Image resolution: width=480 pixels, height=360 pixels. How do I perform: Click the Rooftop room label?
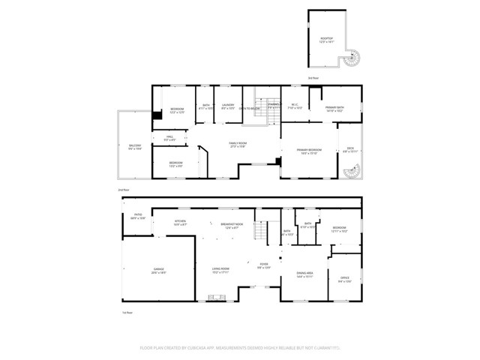tap(325, 39)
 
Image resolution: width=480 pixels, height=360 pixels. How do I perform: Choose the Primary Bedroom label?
tap(310, 151)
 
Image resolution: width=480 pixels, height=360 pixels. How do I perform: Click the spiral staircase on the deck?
tap(350, 173)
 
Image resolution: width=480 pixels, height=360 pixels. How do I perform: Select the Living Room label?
tap(220, 270)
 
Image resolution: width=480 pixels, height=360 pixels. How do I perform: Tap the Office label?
tap(344, 280)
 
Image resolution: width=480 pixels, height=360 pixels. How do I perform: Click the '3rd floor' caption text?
tap(313, 78)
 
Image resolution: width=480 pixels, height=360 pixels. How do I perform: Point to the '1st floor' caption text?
tap(127, 312)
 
